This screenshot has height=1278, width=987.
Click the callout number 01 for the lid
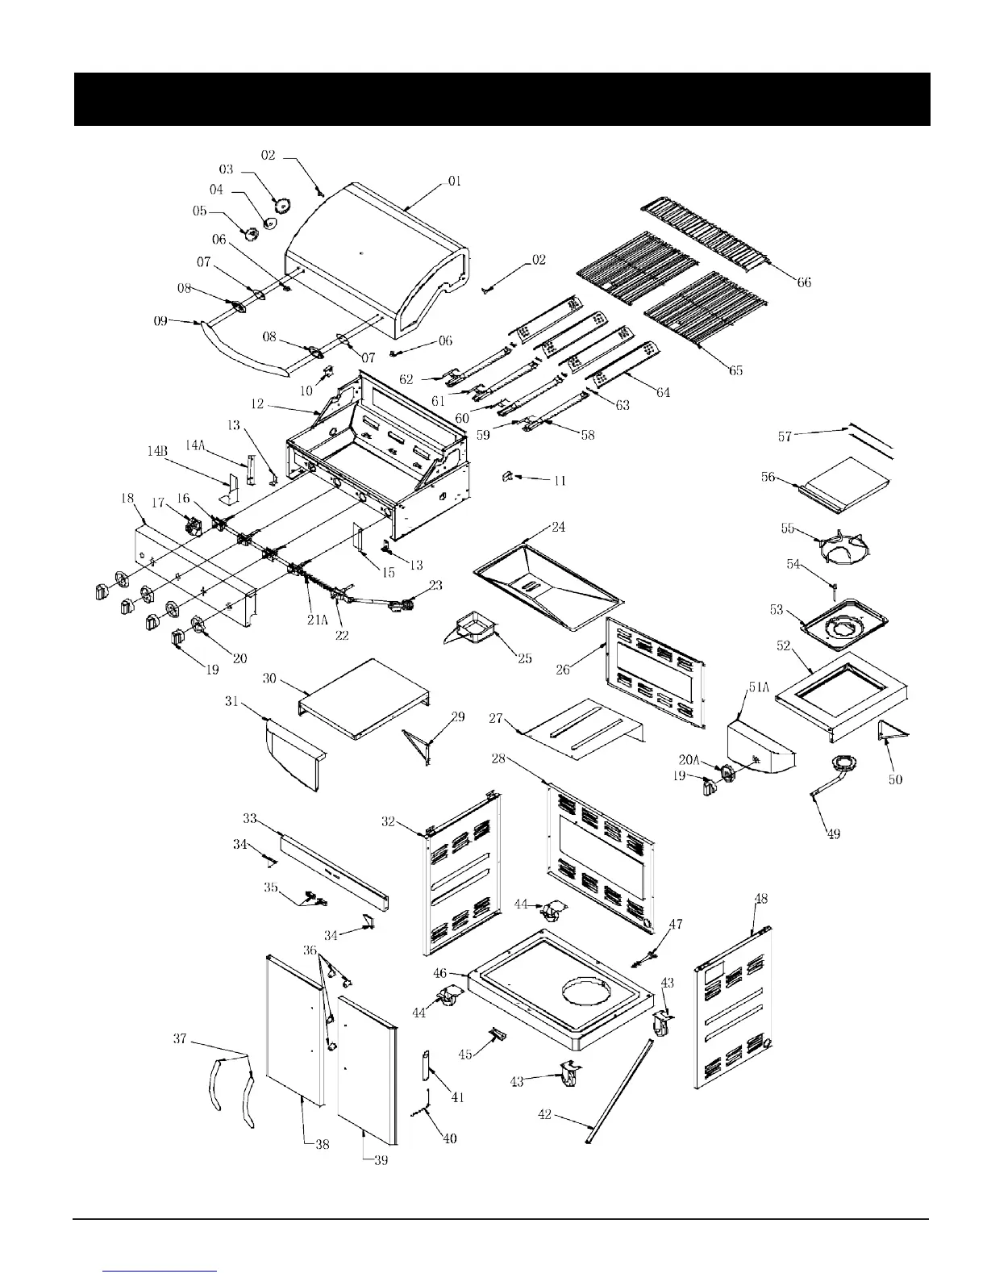click(455, 182)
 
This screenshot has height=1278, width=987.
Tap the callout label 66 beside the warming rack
click(804, 282)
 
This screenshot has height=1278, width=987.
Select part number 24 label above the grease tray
click(558, 528)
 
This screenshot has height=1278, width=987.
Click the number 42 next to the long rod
click(545, 1114)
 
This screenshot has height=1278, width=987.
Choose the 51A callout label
click(759, 687)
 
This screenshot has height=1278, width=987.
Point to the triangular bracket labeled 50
click(891, 731)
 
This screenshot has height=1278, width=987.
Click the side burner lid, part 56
click(842, 484)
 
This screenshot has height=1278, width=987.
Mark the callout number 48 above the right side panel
click(760, 899)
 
